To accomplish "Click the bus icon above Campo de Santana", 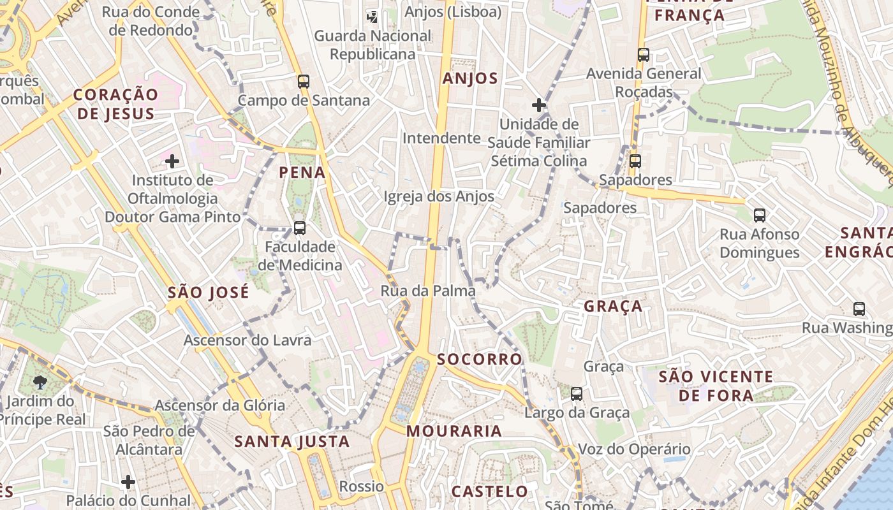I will coord(304,82).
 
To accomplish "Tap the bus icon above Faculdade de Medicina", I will coord(299,228).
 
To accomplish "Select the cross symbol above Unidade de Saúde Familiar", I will coord(539,105).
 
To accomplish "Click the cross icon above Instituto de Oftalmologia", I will coord(172,161).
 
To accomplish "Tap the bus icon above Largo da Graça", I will coord(577,394).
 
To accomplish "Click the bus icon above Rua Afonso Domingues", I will coord(759,215).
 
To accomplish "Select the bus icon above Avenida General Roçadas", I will coord(643,55).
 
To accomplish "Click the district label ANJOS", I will coord(470,78).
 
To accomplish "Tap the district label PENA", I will coord(302,172).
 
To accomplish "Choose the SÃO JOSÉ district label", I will coord(208,293).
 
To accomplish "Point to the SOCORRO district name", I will coord(480,359).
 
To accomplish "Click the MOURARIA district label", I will coord(454,431).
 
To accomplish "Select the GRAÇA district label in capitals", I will coord(614,306).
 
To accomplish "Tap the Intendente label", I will coord(441,138).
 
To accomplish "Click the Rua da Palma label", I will coord(428,291).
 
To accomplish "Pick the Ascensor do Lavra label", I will coord(247,340).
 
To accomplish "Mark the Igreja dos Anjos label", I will coord(439,196).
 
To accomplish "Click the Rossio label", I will coord(362,486).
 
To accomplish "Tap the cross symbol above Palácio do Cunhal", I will coord(128,481).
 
